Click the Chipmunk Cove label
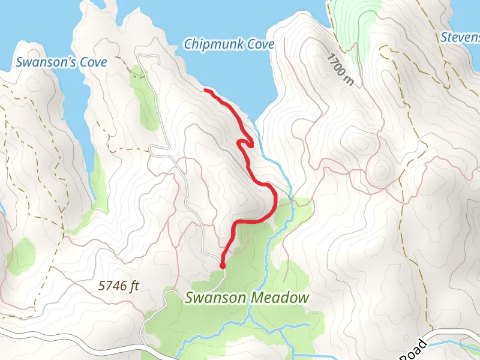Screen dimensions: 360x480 [x=229, y=44]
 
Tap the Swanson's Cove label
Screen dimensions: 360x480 [x=61, y=62]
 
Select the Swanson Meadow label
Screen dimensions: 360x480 [x=247, y=298]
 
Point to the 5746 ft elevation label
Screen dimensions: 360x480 [x=119, y=286]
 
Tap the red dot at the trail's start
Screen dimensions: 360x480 [x=223, y=265]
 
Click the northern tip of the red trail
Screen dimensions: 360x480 [x=206, y=90]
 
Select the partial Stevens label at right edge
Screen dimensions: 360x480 [x=460, y=37]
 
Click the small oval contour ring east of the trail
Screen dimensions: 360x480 [x=381, y=172]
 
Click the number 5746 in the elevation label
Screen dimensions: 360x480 [x=112, y=286]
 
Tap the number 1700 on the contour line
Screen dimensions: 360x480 [x=336, y=65]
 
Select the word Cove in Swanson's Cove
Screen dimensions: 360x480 [x=94, y=62]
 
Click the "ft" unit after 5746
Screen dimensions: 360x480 [x=134, y=286]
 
